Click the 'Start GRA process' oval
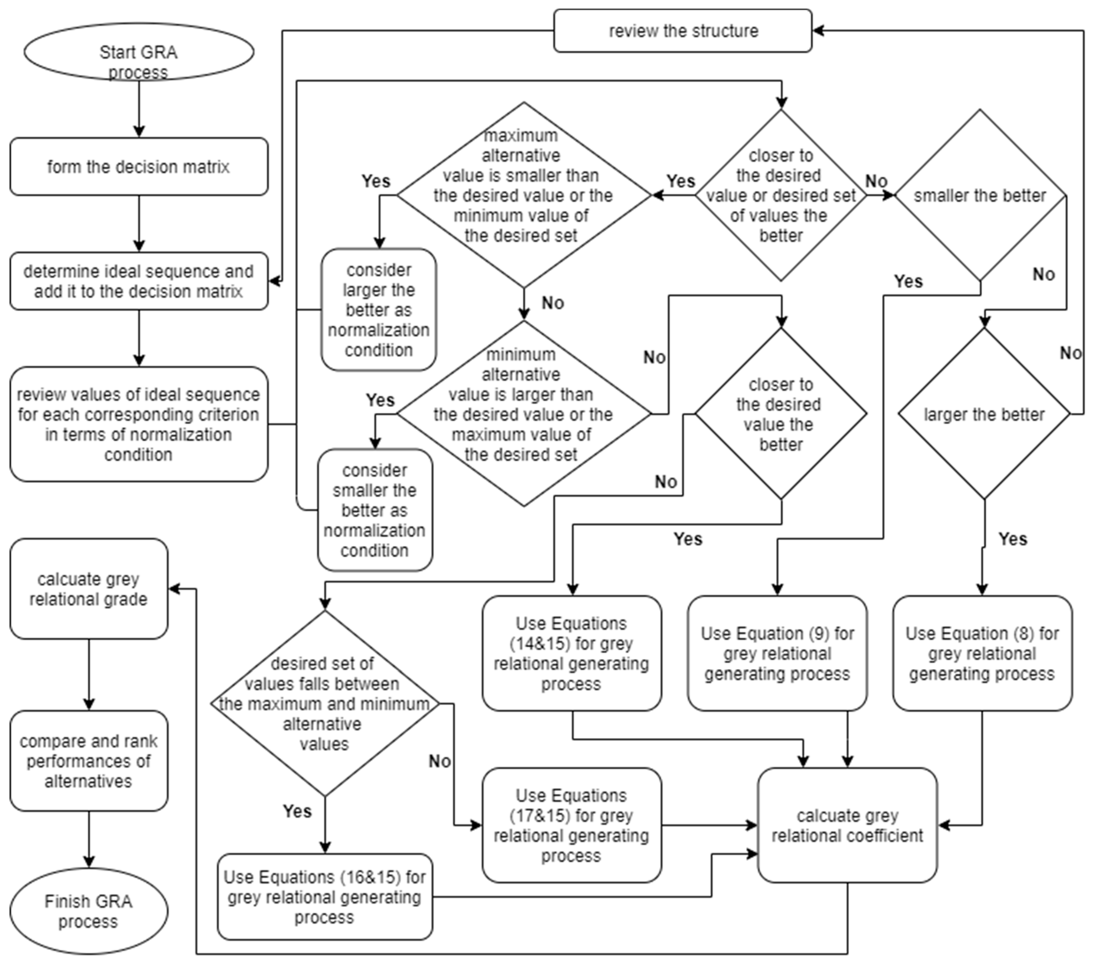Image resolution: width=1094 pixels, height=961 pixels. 138,52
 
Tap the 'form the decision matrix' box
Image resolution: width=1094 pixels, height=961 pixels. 138,166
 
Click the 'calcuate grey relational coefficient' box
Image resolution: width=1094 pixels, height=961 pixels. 847,825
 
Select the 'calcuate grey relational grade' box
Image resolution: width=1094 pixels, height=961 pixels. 88,588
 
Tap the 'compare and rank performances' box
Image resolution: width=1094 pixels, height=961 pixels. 88,761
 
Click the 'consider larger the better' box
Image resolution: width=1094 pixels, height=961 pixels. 378,309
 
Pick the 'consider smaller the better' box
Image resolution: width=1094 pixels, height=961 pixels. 375,510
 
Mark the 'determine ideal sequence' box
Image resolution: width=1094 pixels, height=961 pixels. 138,281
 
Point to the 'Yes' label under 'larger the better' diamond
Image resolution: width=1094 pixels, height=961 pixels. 1013,539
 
